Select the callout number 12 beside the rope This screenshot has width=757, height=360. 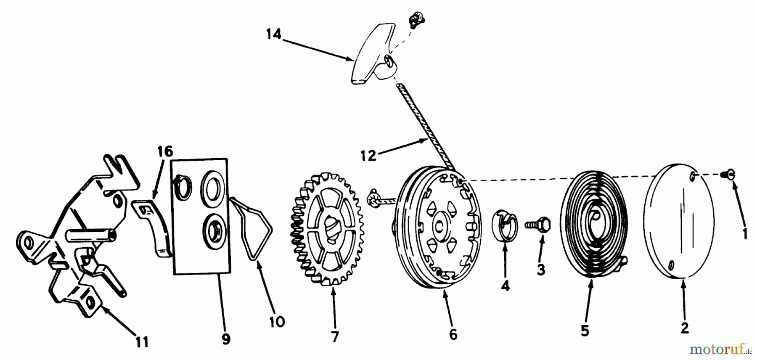368,156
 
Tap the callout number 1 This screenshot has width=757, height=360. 745,233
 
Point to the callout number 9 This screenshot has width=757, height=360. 226,339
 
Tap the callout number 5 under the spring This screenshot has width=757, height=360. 585,331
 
